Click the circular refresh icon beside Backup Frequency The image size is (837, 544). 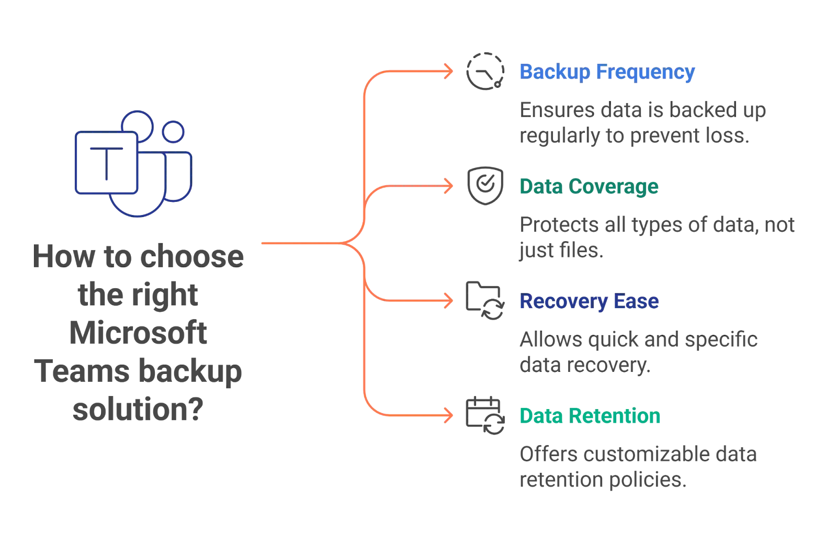(485, 72)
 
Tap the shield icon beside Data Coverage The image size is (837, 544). (485, 186)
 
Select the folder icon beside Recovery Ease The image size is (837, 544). (485, 301)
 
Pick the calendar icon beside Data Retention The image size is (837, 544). (485, 416)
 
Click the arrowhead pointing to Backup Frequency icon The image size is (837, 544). (449, 72)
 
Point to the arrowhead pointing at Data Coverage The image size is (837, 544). (449, 186)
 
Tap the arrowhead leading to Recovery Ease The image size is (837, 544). (449, 301)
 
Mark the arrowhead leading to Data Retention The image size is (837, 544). (449, 416)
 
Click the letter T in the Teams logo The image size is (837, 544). (107, 164)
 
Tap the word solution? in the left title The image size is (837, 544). (137, 412)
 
